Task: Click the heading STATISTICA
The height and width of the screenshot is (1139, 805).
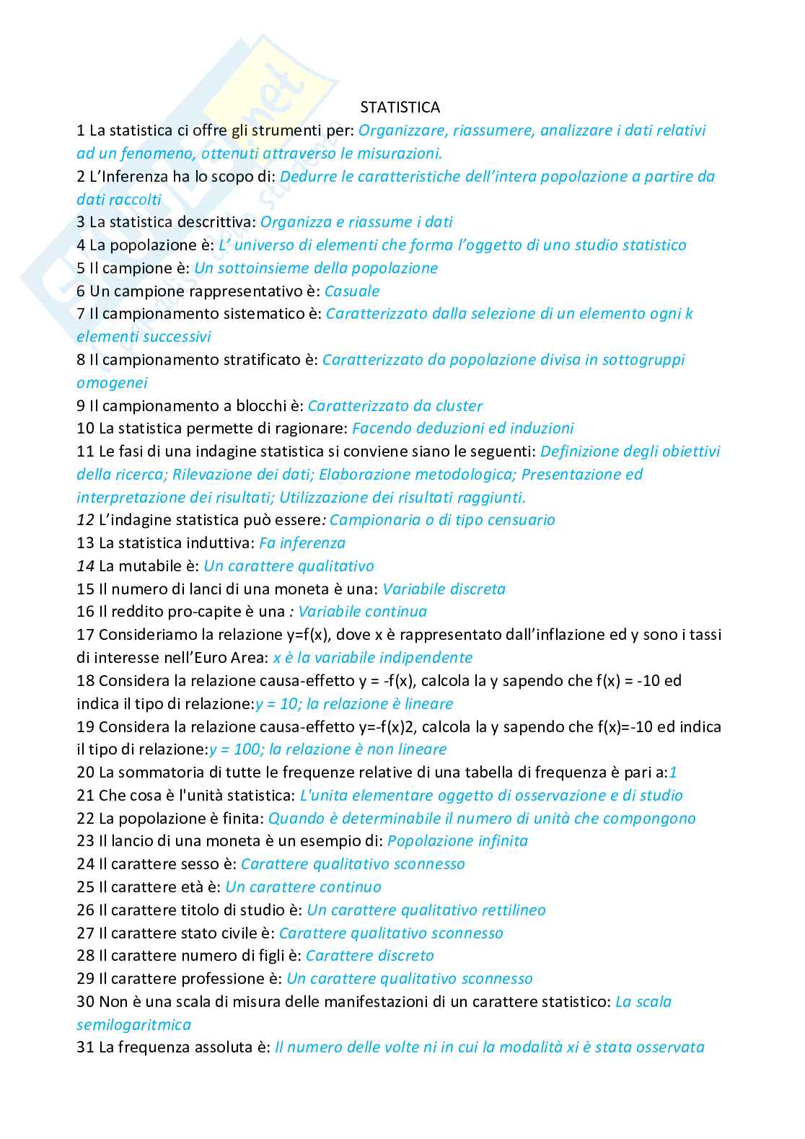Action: (x=400, y=107)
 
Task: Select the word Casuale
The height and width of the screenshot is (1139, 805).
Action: (x=352, y=291)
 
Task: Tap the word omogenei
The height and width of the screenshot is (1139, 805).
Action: (x=112, y=383)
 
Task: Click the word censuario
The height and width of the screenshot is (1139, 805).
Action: (x=521, y=520)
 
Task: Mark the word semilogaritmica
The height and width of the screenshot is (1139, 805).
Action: (x=133, y=1025)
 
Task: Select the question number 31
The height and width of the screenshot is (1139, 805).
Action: (x=85, y=1047)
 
